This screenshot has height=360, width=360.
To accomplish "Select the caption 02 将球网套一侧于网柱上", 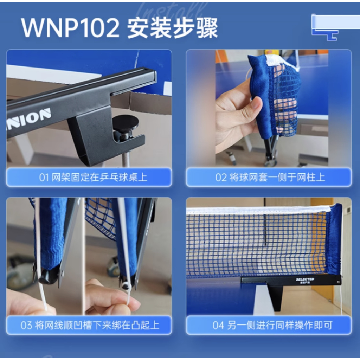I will pos(269,177).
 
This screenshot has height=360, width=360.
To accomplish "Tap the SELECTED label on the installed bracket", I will pos(305,279).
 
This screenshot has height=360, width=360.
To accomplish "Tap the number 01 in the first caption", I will pos(44,177).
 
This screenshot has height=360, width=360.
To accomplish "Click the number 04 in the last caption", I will pos(218,325).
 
